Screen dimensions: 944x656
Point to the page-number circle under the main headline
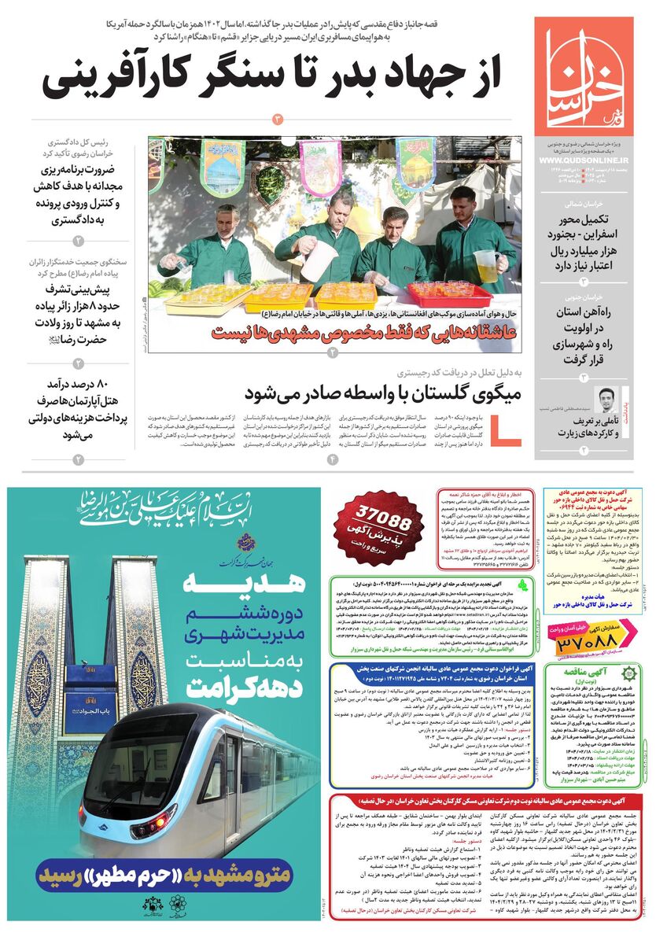pos(277,119)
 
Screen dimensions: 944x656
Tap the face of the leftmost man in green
pos(228,223)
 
